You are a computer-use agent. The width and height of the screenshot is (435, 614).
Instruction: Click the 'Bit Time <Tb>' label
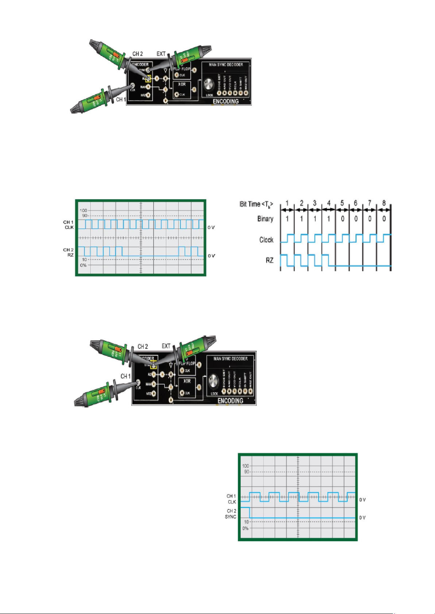(256, 204)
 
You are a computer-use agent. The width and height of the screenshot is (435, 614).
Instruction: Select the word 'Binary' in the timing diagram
(265, 219)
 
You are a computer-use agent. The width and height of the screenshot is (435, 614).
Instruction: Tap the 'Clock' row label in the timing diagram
(266, 240)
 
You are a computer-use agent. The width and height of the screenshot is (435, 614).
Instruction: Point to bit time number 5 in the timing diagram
(342, 203)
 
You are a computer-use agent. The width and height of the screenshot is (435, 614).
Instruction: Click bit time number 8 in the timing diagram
(384, 203)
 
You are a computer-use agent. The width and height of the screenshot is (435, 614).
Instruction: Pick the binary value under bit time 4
(329, 219)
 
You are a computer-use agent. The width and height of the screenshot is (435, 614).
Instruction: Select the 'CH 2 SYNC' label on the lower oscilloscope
(231, 514)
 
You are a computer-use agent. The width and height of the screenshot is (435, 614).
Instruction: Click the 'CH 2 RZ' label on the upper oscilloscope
(68, 252)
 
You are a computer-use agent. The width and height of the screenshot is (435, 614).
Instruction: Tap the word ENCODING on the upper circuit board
(226, 101)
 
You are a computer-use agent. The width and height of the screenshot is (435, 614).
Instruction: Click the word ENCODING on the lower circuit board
(230, 401)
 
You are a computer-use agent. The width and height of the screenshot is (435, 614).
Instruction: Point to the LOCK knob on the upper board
(209, 85)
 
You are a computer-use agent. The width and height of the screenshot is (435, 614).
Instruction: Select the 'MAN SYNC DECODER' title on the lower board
(230, 359)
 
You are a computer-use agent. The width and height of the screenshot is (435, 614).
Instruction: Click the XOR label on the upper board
(182, 84)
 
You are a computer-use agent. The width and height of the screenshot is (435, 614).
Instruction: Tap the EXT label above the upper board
(161, 54)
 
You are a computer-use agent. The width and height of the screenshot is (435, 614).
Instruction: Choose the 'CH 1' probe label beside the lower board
(125, 376)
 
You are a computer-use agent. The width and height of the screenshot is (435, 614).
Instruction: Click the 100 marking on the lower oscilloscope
(245, 466)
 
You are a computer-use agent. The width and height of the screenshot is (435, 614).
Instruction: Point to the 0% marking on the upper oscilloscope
(83, 265)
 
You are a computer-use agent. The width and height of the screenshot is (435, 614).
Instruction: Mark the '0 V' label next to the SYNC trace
(362, 517)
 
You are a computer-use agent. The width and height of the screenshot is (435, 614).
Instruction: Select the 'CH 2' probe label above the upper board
(137, 54)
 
